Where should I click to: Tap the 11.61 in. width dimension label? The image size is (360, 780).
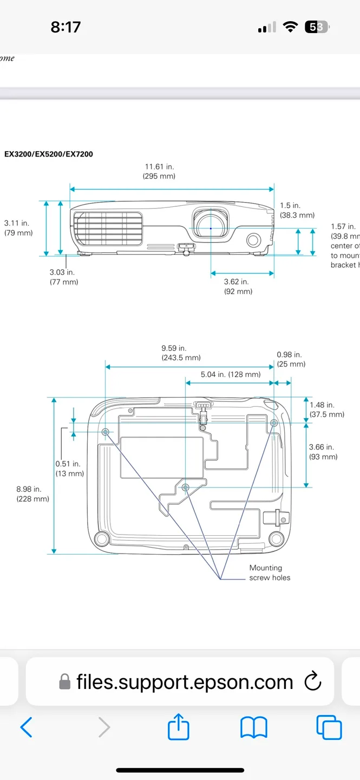159,171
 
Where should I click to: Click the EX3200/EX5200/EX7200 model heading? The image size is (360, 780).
49,154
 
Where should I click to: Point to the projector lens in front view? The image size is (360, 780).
211,228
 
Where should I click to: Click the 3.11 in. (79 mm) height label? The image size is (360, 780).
18,227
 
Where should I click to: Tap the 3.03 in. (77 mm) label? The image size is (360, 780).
63,277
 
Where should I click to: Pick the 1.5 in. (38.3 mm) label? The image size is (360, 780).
297,210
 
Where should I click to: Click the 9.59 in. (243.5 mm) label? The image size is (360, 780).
181,353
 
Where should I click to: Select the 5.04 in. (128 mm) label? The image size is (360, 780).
230,374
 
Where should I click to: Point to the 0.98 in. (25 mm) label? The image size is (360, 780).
291,359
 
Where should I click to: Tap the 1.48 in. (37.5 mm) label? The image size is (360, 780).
326,409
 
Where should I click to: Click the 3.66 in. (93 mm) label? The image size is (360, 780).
323,452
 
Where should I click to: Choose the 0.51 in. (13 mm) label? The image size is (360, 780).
69,469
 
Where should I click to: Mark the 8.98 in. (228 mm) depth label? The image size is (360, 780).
32,493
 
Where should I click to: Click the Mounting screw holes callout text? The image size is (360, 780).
269,573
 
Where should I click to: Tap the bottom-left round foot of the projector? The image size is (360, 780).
101,538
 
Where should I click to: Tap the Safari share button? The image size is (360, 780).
179,727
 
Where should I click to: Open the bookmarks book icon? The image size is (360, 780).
253,727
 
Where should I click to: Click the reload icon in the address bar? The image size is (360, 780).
313,682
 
